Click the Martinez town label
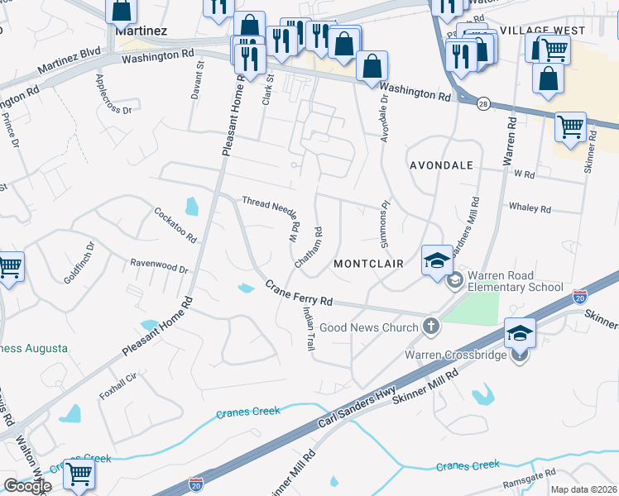click(x=142, y=30)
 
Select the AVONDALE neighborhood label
click(x=441, y=165)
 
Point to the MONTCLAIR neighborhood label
click(x=368, y=264)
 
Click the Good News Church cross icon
click(x=430, y=327)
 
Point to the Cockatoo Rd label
click(x=175, y=224)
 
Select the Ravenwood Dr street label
click(x=160, y=267)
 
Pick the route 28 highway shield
click(x=482, y=103)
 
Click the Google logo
click(x=27, y=486)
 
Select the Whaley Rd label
click(x=530, y=209)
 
